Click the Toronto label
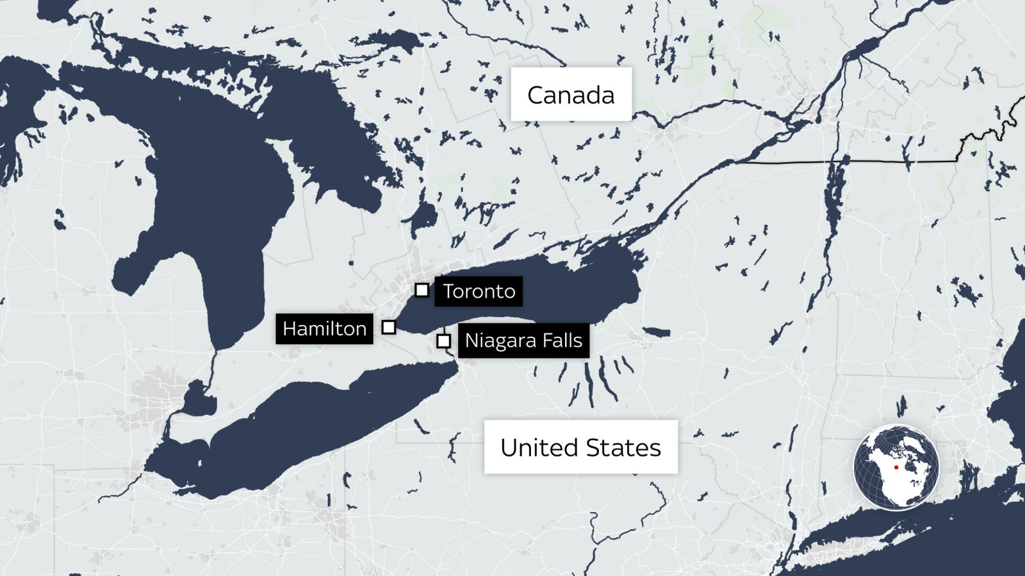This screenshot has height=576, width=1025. click(x=479, y=291)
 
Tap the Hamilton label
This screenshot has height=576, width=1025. click(x=324, y=329)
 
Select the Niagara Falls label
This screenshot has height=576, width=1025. click(x=523, y=340)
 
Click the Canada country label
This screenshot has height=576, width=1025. click(x=571, y=95)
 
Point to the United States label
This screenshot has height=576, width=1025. click(x=580, y=447)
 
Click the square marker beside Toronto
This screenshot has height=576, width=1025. click(x=422, y=290)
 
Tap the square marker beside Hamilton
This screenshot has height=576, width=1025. click(x=388, y=327)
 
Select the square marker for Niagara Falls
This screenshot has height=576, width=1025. click(x=443, y=341)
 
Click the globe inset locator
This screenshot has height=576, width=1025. click(x=896, y=467)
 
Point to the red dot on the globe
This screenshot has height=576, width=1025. click(x=896, y=467)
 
